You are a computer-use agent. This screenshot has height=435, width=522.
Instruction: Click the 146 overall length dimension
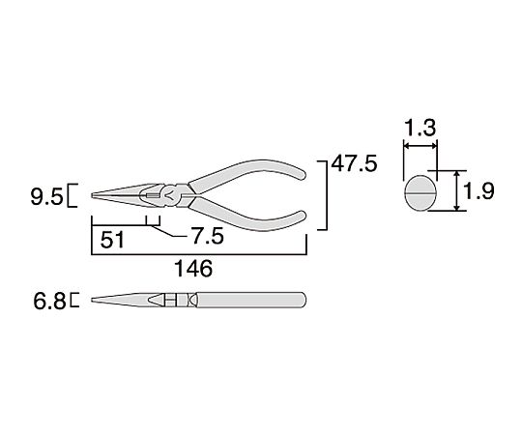pos(193,269)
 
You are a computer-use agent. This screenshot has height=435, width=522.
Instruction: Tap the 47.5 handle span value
pos(354,163)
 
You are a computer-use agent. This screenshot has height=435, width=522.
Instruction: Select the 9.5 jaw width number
pos(46,197)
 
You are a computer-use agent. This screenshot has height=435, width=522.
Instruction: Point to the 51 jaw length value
pos(112,240)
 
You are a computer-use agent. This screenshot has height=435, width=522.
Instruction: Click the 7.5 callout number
pos(208,237)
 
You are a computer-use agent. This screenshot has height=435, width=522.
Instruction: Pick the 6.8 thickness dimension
pos(49,302)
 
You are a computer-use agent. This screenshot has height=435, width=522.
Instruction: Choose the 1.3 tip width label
pos(420,128)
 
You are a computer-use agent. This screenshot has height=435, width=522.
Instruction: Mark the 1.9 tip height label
pos(478,191)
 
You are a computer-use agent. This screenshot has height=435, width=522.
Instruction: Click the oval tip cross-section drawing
pos(420,193)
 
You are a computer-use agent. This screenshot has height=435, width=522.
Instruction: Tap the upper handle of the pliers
pos(246,174)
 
